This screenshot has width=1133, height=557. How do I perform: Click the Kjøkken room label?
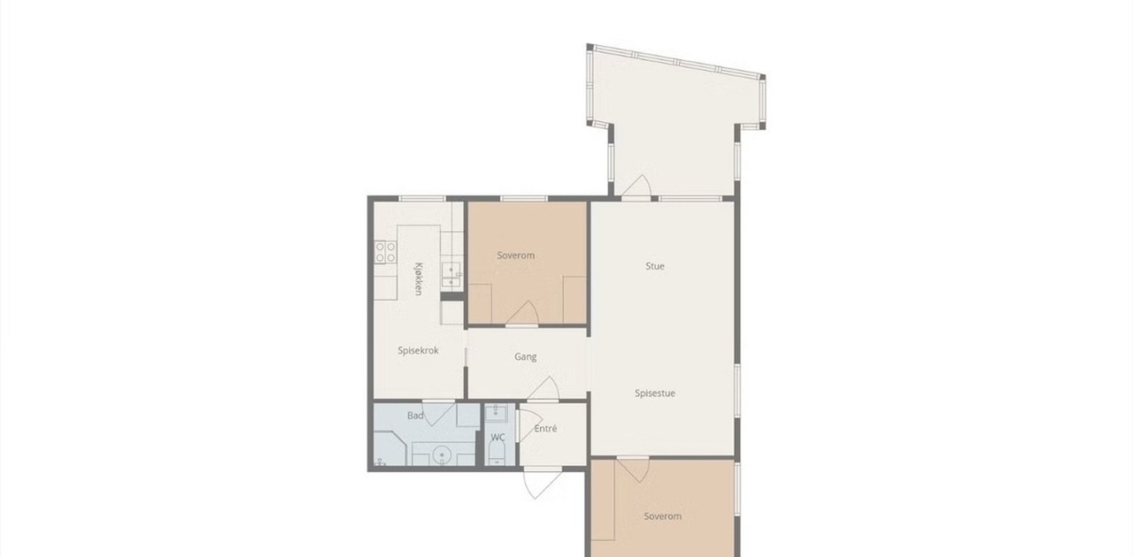419,278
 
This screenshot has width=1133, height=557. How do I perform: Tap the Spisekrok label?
418,350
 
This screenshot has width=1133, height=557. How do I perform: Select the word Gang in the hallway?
525,357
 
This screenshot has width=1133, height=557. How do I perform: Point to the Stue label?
654,266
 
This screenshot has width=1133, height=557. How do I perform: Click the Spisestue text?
654,393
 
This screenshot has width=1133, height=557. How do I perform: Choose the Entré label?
545,429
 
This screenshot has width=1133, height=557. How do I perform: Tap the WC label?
497,438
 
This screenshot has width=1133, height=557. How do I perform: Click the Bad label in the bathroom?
415,416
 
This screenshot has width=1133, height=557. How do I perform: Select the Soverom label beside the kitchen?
515,256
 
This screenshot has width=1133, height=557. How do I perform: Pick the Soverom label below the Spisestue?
662,516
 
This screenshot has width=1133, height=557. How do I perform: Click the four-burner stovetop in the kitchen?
385,252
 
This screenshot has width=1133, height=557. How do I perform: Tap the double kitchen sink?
451,274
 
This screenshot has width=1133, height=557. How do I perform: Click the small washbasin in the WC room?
497,413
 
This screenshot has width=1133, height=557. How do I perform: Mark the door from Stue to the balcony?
636,186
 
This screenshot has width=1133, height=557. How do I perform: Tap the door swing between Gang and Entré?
543,389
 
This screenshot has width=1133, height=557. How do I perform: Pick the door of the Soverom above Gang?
522,313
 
